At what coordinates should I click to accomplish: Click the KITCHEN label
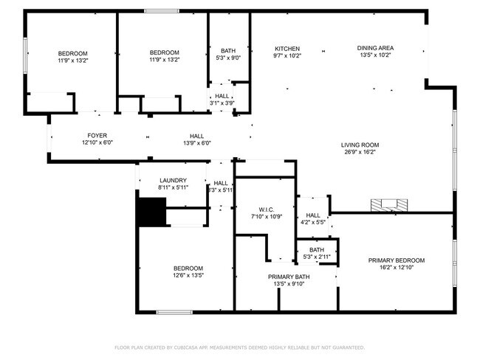[x=287, y=47]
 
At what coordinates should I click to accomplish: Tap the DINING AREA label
[x=374, y=47]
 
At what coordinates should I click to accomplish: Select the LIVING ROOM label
[x=360, y=145]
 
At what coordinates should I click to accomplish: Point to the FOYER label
[x=97, y=136]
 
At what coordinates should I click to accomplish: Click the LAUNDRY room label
[x=173, y=181]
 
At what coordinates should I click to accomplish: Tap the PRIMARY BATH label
[x=284, y=276]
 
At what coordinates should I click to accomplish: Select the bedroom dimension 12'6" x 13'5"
[x=188, y=276]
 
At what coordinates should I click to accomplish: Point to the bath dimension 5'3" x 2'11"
[x=317, y=257]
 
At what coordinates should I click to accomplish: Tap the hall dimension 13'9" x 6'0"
[x=196, y=143]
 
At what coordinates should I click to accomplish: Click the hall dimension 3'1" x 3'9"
[x=222, y=103]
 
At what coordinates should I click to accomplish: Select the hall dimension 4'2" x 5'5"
[x=312, y=222]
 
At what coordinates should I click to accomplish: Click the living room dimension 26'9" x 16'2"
[x=360, y=152]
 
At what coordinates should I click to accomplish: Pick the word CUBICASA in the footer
[x=184, y=347]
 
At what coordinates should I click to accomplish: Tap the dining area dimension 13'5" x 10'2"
[x=374, y=55]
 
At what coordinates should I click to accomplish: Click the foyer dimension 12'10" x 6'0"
[x=97, y=143]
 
